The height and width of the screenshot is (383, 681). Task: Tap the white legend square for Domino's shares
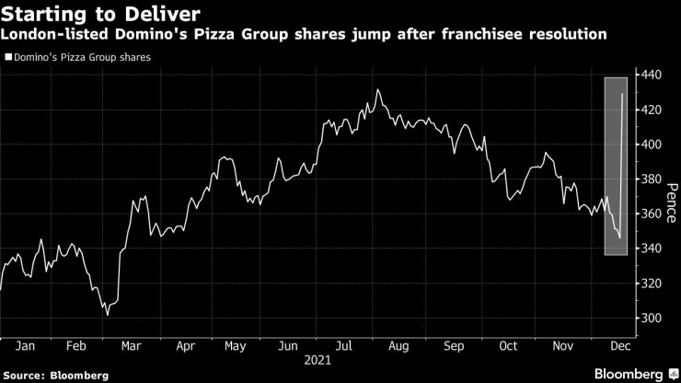click(x=8, y=57)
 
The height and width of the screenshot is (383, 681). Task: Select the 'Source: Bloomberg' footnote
click(x=55, y=376)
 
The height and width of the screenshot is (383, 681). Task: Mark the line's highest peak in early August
click(x=378, y=89)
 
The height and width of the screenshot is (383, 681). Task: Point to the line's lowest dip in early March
click(x=107, y=315)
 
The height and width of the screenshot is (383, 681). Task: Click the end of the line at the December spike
click(x=624, y=94)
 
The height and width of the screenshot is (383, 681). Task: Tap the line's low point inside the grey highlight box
click(x=619, y=238)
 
